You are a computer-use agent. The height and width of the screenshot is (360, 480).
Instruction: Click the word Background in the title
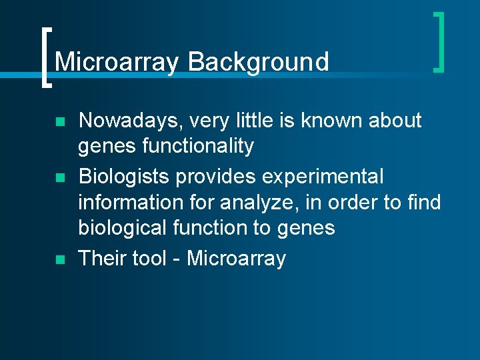coord(259,62)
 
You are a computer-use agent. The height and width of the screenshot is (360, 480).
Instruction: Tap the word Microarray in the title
coord(117,62)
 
